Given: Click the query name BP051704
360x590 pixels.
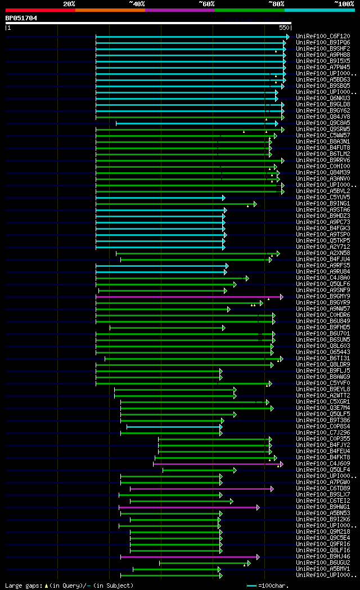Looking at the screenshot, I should click(21, 18).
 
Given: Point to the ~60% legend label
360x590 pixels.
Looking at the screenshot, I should click(206, 4).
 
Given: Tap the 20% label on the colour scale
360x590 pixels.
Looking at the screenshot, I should click(69, 4).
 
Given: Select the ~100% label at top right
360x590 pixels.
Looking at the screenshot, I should click(344, 4).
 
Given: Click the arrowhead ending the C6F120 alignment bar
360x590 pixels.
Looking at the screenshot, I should click(287, 37).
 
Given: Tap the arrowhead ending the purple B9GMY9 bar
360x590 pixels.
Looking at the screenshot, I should click(282, 297).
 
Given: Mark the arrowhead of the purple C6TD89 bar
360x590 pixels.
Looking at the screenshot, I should click(272, 489).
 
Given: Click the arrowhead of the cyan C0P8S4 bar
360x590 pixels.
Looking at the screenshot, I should click(221, 427).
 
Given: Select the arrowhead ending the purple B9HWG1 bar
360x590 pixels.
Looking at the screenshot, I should click(258, 507).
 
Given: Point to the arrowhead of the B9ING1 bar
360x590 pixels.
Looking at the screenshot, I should click(255, 204).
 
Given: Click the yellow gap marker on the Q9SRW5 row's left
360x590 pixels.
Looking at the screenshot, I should click(244, 132).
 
